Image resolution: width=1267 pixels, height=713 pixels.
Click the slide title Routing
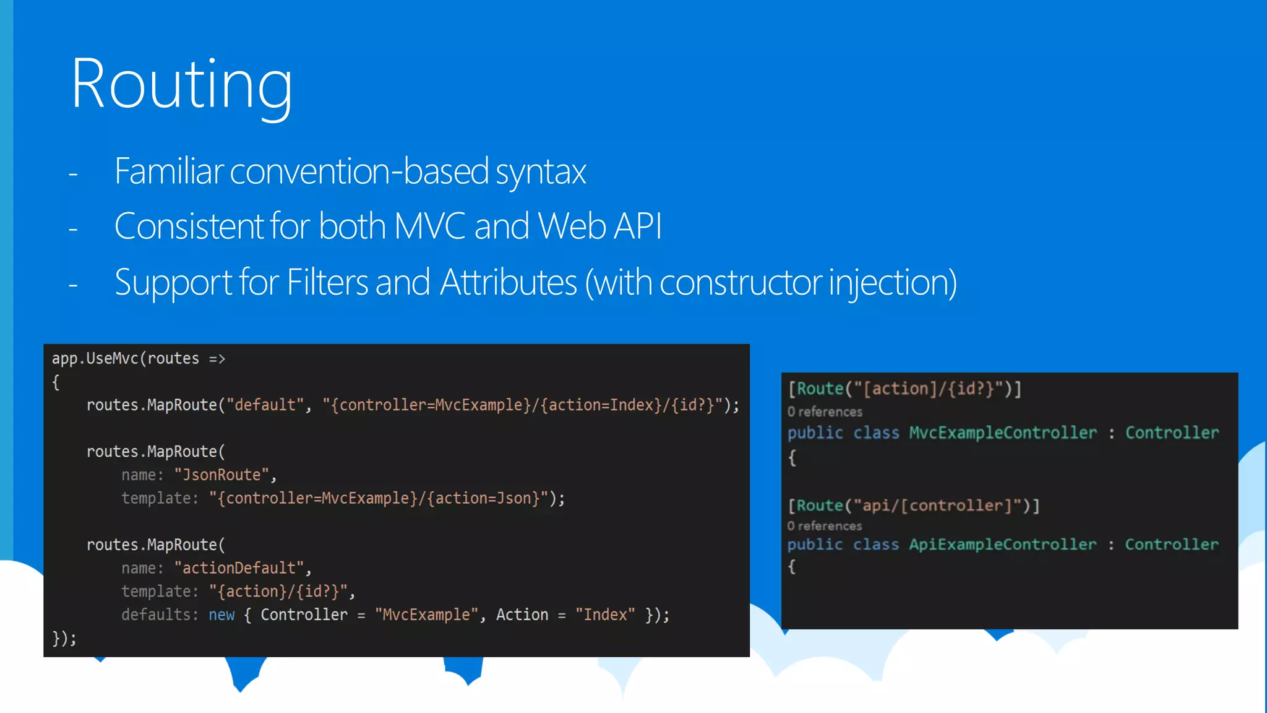pyautogui.click(x=181, y=84)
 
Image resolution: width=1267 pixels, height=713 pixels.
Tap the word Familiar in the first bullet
pyautogui.click(x=168, y=171)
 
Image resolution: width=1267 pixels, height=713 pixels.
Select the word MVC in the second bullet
pyautogui.click(x=429, y=227)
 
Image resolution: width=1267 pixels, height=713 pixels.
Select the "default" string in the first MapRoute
pyautogui.click(x=265, y=405)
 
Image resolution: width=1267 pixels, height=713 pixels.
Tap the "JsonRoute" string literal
pyautogui.click(x=221, y=475)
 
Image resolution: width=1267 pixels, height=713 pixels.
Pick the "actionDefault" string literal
pyautogui.click(x=239, y=568)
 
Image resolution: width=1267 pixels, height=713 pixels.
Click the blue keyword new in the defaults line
pyautogui.click(x=221, y=615)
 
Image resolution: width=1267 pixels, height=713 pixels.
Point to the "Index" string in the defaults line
pyautogui.click(x=604, y=615)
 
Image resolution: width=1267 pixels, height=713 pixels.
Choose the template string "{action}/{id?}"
pyautogui.click(x=278, y=592)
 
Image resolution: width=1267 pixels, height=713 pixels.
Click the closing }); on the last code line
pyautogui.click(x=64, y=638)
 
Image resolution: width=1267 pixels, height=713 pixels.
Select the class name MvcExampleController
pyautogui.click(x=1002, y=433)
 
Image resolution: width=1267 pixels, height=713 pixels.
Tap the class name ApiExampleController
pyautogui.click(x=1002, y=545)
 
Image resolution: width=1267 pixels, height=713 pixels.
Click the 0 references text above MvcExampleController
pyautogui.click(x=825, y=412)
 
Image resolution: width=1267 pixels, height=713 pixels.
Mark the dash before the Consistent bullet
pyautogui.click(x=73, y=230)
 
